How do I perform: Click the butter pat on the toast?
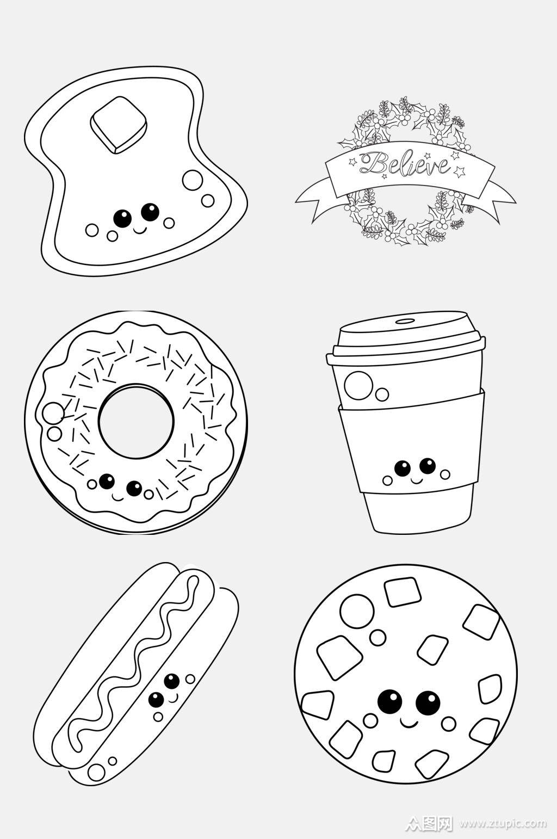tap(118, 125)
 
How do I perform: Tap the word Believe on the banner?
tap(404, 163)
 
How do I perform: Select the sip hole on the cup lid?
tap(405, 321)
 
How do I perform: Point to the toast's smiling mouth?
tap(139, 229)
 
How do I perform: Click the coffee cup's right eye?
tap(428, 466)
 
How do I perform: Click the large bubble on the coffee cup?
tap(358, 386)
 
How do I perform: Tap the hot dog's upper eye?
tap(171, 681)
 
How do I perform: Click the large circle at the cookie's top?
tap(357, 610)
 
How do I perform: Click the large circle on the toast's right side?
tap(193, 180)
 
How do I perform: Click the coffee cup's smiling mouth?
tap(414, 479)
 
